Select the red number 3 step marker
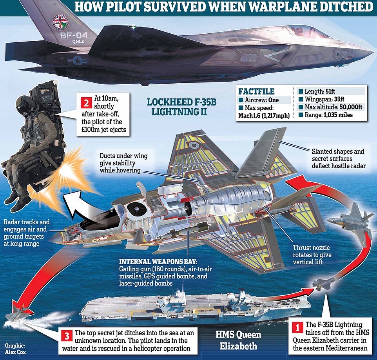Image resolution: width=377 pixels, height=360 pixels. point(66,336)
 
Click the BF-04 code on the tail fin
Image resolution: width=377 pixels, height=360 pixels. point(74,35)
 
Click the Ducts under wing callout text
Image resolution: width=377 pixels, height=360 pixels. point(123,163)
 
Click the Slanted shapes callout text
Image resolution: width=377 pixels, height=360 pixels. point(338,158)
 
